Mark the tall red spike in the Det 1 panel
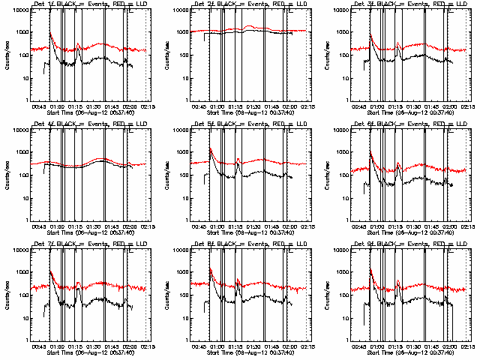coord(49,34)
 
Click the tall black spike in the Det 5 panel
coord(210,150)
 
